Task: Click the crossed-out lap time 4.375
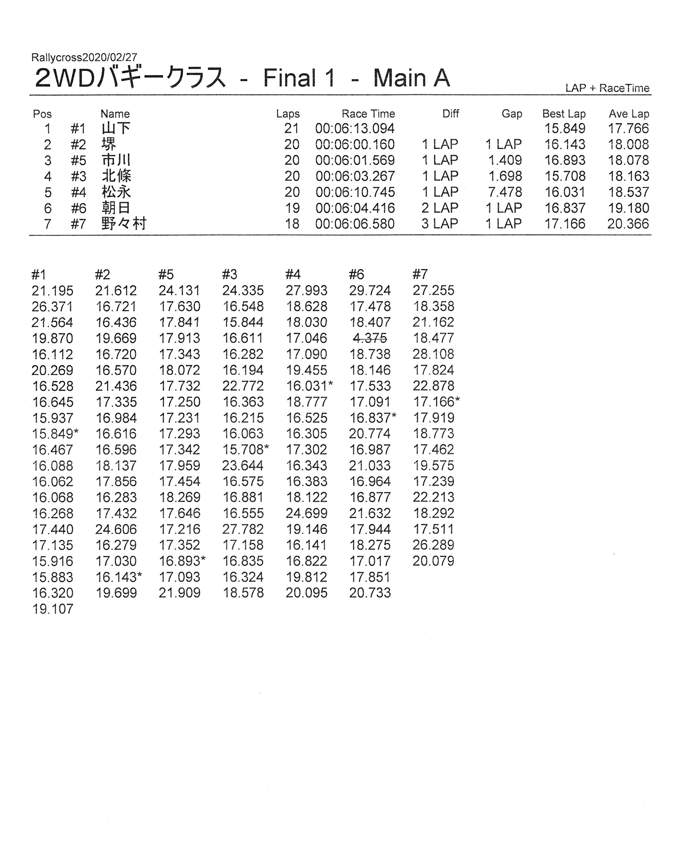[370, 338]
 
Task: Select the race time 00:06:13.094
[355, 128]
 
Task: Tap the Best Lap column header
[563, 114]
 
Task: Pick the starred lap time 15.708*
[245, 449]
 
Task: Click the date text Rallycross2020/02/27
[84, 58]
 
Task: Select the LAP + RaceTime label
[607, 88]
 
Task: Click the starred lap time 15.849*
[55, 434]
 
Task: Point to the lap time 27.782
[243, 529]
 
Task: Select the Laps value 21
[292, 128]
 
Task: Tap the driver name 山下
[116, 128]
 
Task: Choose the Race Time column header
[368, 114]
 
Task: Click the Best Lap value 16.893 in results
[565, 160]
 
